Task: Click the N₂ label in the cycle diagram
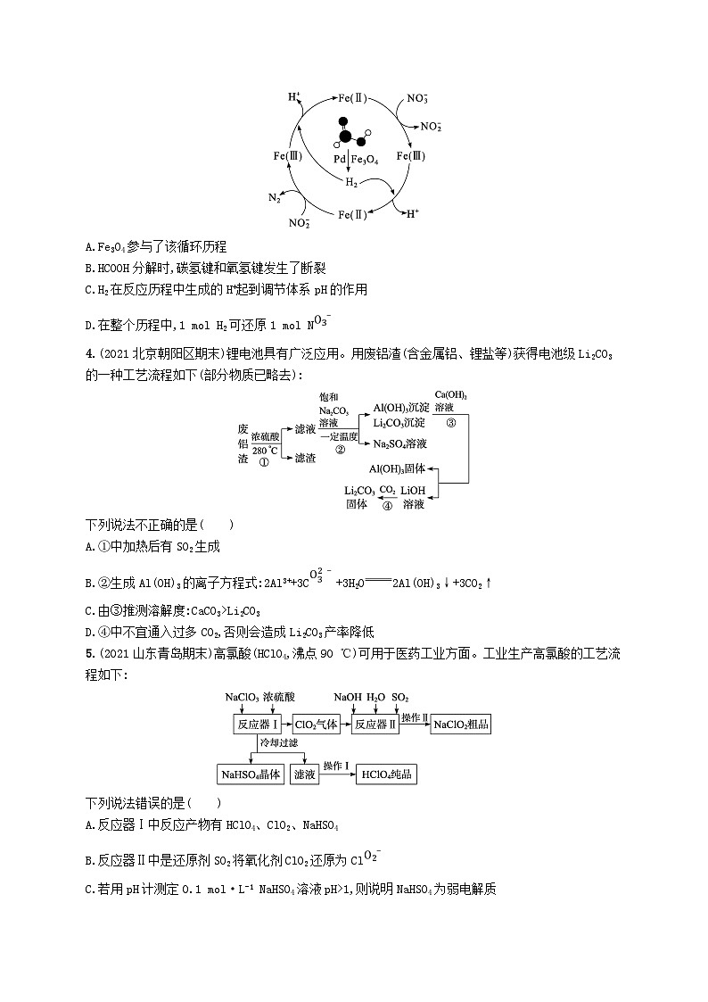276,197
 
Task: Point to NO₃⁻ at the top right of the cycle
417,99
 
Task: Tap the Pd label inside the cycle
340,159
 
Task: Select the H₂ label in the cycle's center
352,183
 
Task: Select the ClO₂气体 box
316,725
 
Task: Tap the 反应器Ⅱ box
375,725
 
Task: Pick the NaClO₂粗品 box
461,725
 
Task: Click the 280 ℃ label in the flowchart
265,451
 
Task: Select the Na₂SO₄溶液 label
399,443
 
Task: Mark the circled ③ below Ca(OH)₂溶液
450,424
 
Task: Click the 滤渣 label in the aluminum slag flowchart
305,458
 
